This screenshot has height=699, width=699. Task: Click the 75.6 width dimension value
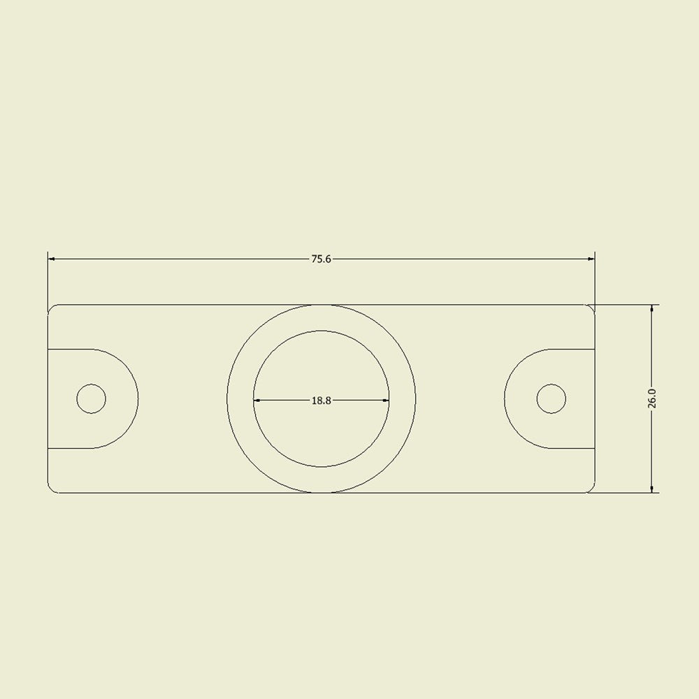(x=321, y=259)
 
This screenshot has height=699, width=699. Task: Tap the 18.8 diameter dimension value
(x=321, y=401)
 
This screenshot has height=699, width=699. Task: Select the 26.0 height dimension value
(x=651, y=398)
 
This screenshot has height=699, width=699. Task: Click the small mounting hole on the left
(x=92, y=398)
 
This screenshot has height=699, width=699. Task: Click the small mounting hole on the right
(x=552, y=398)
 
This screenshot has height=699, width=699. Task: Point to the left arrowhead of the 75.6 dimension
(x=51, y=259)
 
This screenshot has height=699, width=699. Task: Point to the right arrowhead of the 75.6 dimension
(x=591, y=259)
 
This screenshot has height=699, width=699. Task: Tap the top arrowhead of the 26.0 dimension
(x=651, y=309)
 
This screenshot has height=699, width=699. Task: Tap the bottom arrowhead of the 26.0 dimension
(x=651, y=489)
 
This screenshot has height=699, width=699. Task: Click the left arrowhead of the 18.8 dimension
(x=257, y=401)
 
